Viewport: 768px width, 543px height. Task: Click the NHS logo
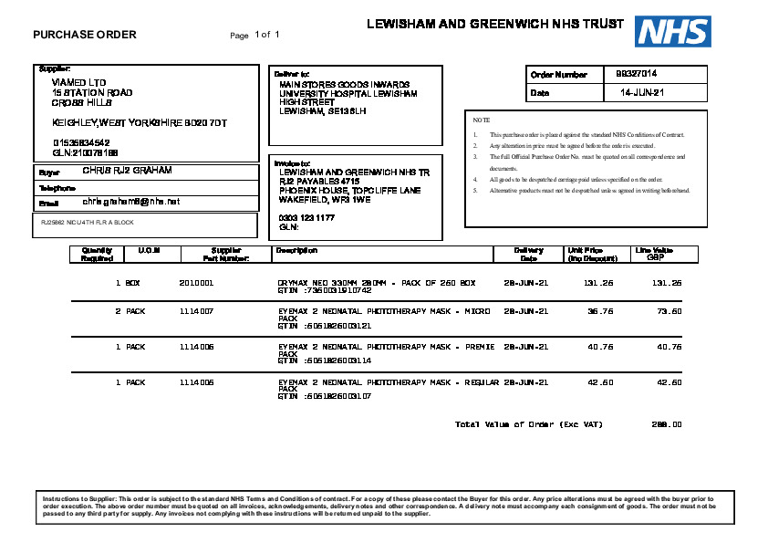[x=673, y=31]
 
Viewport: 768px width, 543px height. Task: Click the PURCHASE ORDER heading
[x=85, y=35]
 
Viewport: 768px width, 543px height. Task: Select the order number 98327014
[x=637, y=74]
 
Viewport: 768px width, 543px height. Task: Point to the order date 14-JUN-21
[x=642, y=93]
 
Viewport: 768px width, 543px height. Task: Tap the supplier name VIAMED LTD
[x=79, y=82]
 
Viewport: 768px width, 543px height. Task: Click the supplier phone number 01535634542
[x=81, y=142]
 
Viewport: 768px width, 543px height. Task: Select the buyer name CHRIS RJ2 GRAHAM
[x=127, y=171]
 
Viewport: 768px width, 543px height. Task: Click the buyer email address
[x=131, y=201]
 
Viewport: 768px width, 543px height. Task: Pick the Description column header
[x=296, y=250]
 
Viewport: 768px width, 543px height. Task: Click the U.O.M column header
[x=149, y=250]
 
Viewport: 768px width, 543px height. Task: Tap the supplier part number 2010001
[x=196, y=283]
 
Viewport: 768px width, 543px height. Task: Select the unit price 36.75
[x=600, y=311]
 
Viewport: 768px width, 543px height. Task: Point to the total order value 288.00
[x=668, y=424]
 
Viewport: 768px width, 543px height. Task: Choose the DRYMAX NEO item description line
[x=377, y=283]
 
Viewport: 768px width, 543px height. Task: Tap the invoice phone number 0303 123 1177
[x=306, y=217]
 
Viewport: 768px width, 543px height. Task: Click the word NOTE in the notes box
[x=482, y=120]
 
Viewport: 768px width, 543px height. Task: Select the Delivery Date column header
[x=528, y=254]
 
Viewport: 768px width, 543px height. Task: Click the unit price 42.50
[x=600, y=382]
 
